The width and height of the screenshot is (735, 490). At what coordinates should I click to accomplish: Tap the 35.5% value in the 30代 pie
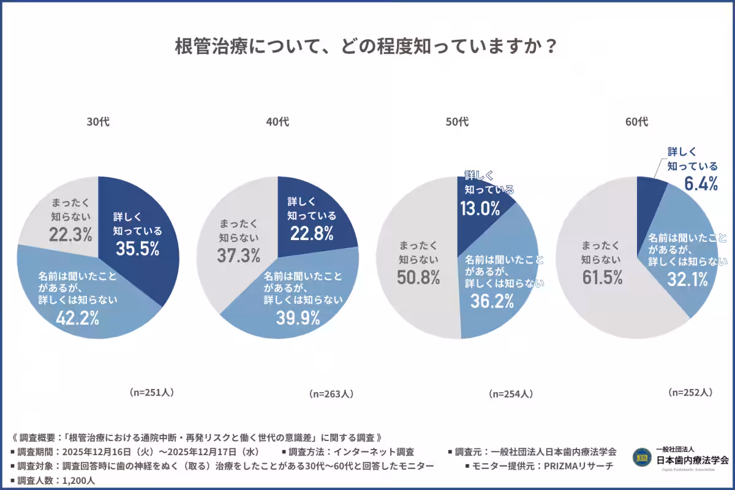(x=138, y=249)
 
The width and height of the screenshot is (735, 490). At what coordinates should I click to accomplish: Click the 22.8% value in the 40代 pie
(x=312, y=233)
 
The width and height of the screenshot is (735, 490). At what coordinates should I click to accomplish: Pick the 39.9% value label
(x=298, y=318)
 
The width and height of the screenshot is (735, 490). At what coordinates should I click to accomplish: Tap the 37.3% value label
(x=239, y=255)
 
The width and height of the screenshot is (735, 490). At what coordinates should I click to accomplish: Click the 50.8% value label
(x=418, y=277)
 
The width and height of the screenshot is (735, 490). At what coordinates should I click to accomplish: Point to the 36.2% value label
(x=492, y=301)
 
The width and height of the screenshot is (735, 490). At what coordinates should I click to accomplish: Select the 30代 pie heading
(x=98, y=122)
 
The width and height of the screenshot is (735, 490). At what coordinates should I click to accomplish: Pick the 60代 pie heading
(x=636, y=122)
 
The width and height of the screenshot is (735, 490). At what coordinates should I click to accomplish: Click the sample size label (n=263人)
(x=331, y=394)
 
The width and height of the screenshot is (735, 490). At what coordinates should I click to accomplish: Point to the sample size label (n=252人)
(x=690, y=393)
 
